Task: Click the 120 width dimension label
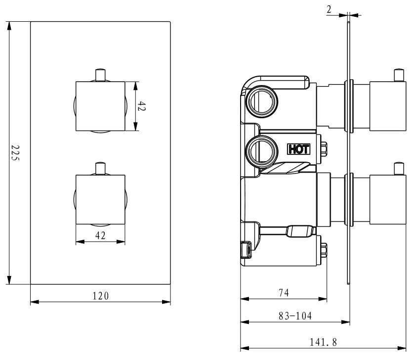coord(101,296)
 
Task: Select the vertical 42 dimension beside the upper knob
coord(142,106)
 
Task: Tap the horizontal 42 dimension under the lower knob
coord(100,236)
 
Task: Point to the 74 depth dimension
coord(283,293)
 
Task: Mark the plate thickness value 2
coord(330,8)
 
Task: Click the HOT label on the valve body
coord(298,149)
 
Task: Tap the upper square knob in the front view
coord(100,106)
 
